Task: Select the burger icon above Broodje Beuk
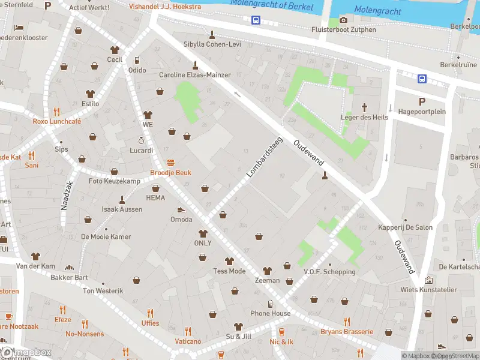[x=171, y=163]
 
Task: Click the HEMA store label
[x=155, y=197]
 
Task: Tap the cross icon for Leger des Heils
[x=364, y=107]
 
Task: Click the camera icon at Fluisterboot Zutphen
[x=343, y=20]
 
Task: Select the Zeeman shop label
[x=267, y=280]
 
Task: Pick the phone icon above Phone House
[x=270, y=304]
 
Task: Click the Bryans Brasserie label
[x=347, y=332]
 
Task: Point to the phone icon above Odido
[x=137, y=60]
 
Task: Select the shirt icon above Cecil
[x=115, y=50]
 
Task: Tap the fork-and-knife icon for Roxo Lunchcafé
[x=57, y=111]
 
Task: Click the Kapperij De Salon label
[x=405, y=227]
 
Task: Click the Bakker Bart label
[x=69, y=277]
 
